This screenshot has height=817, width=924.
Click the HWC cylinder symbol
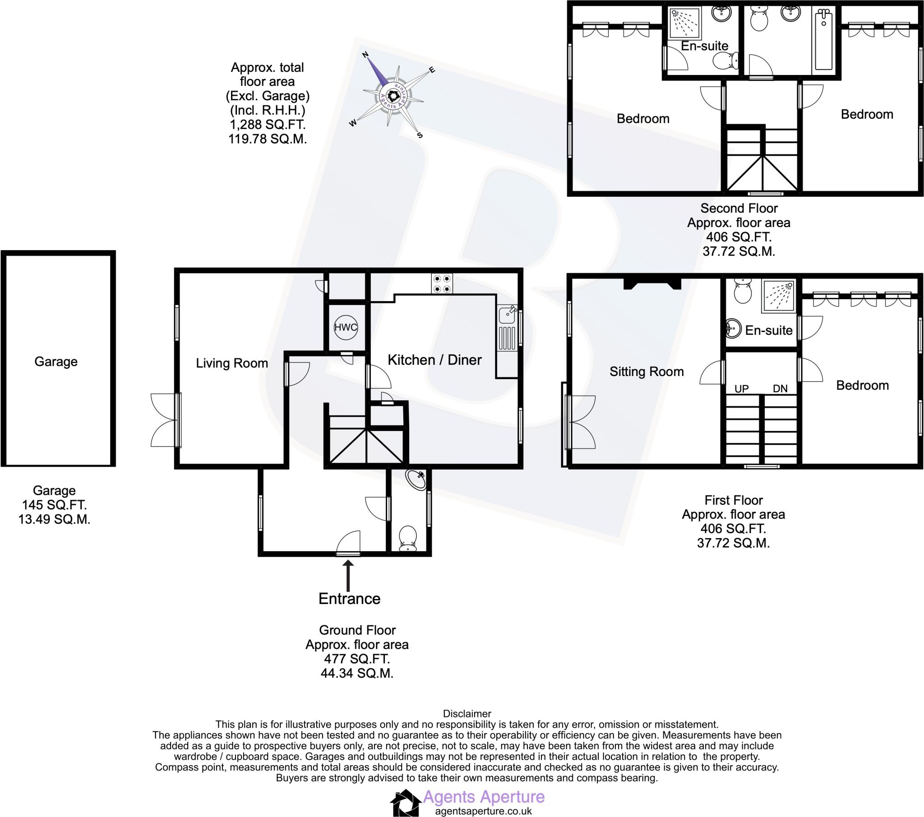345,327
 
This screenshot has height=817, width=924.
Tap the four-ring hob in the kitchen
442,283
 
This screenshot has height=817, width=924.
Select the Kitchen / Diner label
434,360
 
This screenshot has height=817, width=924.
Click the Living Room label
231,363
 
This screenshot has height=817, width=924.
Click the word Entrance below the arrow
349,599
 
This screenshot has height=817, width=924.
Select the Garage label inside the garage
56,362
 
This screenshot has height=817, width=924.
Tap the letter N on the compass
366,55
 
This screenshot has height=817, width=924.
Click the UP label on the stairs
741,389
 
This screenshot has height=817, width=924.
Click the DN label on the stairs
780,389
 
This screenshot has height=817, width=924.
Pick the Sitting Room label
647,372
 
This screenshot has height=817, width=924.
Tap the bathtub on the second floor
823,41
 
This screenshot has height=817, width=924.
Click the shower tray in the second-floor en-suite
684,23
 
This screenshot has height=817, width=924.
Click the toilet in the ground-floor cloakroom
408,538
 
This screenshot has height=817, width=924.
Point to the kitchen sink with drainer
507,329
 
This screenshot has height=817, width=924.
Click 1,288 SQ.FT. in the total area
268,125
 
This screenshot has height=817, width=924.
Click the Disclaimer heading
467,714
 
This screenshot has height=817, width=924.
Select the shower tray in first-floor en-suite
778,296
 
